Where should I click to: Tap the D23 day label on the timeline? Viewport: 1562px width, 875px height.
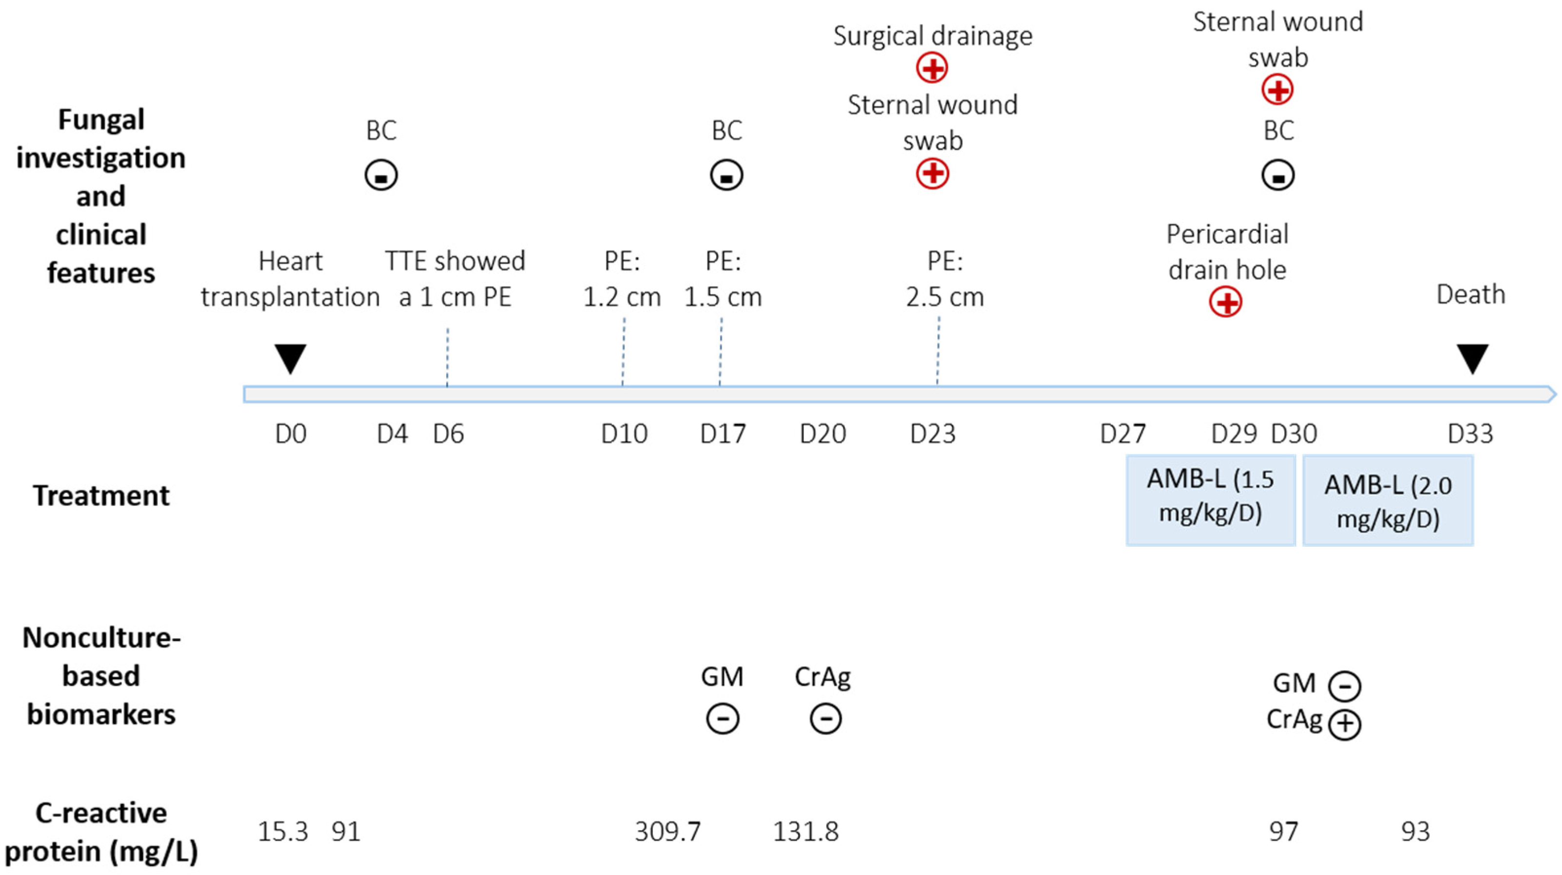pyautogui.click(x=933, y=434)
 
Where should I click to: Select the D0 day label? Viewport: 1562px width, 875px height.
pyautogui.click(x=290, y=434)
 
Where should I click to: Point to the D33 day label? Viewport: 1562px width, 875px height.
pyautogui.click(x=1470, y=434)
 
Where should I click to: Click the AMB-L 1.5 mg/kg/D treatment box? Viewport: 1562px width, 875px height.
pyautogui.click(x=1210, y=500)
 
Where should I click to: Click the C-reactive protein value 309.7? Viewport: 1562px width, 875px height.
pyautogui.click(x=667, y=831)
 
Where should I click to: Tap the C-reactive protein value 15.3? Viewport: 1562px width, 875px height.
pyautogui.click(x=283, y=831)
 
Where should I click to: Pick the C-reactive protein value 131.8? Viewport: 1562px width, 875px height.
pyautogui.click(x=805, y=831)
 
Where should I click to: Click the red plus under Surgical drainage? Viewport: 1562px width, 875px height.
pyautogui.click(x=932, y=67)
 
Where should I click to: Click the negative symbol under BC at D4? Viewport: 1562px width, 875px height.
pyautogui.click(x=381, y=176)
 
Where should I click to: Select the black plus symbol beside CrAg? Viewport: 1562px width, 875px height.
pyautogui.click(x=1344, y=723)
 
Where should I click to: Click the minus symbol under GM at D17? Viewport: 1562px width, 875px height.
pyautogui.click(x=722, y=719)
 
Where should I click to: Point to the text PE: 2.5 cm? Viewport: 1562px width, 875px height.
pyautogui.click(x=945, y=280)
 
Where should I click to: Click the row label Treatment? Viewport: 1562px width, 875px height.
pyautogui.click(x=101, y=495)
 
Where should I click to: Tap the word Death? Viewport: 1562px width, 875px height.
pyautogui.click(x=1470, y=295)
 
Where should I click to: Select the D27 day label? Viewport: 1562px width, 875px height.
pyautogui.click(x=1123, y=434)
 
